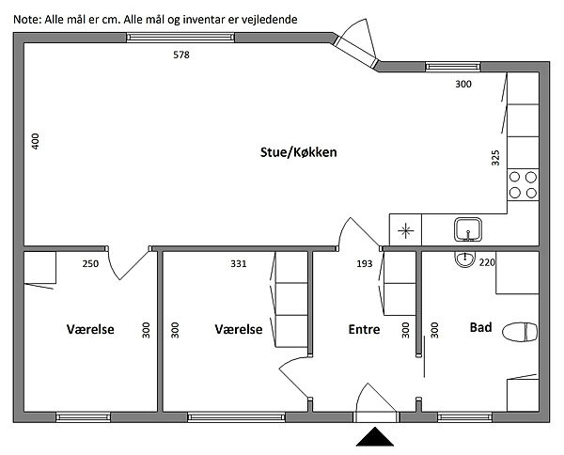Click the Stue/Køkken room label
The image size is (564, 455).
click(299, 152)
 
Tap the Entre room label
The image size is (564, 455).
click(364, 329)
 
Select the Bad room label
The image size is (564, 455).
click(481, 327)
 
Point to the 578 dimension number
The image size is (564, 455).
click(181, 55)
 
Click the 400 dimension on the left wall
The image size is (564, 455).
click(36, 141)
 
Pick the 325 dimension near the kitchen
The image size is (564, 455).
click(495, 158)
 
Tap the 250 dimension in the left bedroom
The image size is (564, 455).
click(90, 263)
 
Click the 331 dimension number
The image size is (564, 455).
click(239, 263)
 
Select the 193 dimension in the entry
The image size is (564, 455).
click(365, 263)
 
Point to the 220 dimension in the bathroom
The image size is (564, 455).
click(487, 262)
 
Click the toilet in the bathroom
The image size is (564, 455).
click(520, 332)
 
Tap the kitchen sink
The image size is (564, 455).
click(467, 229)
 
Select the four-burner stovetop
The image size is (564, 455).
click(523, 185)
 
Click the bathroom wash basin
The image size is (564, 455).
click(465, 259)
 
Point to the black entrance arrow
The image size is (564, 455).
click(375, 436)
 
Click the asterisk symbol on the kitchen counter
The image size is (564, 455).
click(405, 231)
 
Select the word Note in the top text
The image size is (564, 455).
click(26, 20)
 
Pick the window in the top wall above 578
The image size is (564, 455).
click(180, 38)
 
